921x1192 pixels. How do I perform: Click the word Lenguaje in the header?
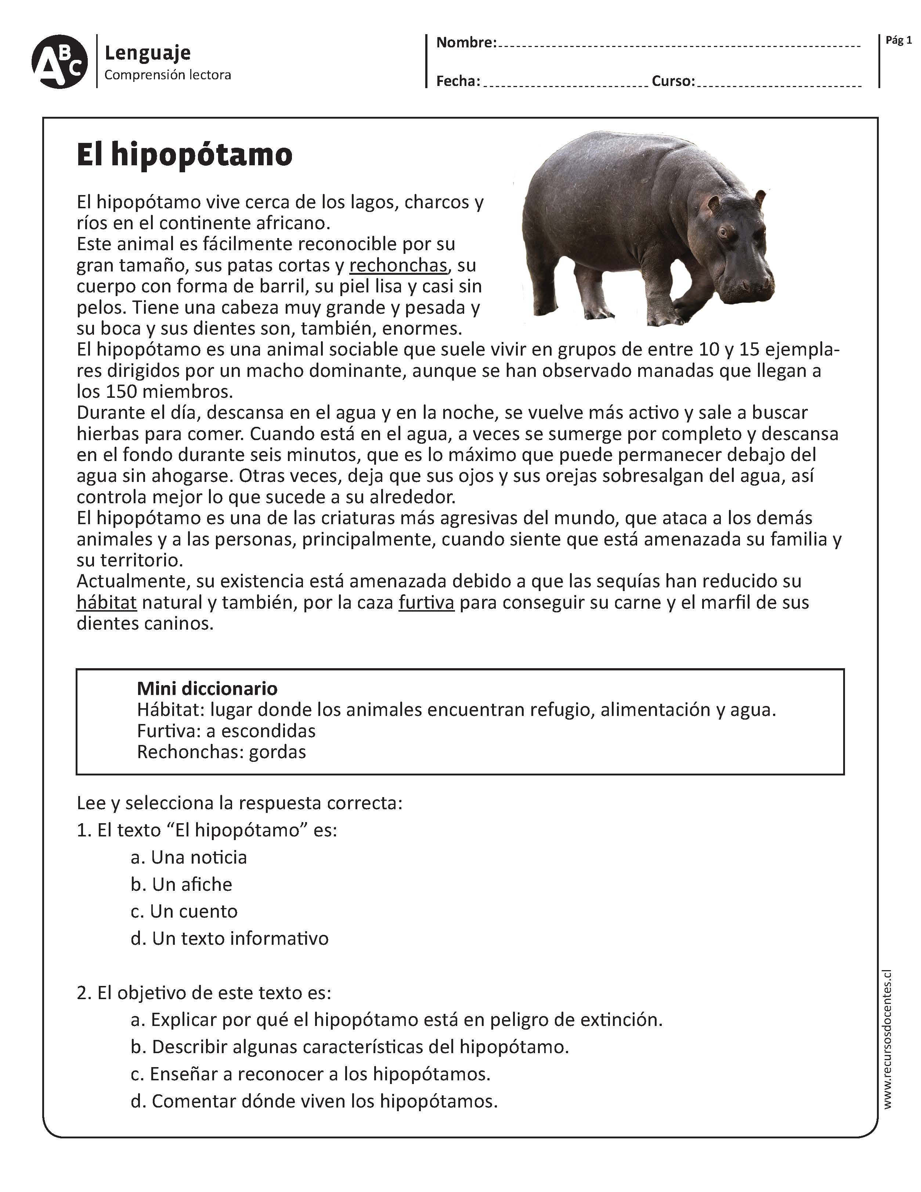coord(147,53)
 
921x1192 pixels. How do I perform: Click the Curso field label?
coord(673,81)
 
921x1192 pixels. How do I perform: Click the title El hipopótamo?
coord(184,155)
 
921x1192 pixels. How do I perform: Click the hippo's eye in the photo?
coord(723,232)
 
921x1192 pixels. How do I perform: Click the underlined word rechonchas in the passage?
coord(398,265)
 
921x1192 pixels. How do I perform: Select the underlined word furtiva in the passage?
coord(426,602)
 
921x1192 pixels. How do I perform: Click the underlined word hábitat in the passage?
coord(106,602)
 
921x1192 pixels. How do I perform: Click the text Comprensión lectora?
coord(167,75)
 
